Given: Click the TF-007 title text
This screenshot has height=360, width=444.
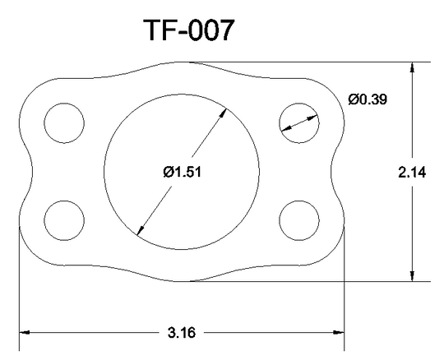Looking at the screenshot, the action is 189,30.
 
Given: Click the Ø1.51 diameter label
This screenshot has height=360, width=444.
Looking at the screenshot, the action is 182,172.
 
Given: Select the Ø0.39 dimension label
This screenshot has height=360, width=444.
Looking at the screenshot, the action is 368,99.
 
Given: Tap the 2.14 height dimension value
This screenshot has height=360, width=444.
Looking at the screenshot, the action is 412,173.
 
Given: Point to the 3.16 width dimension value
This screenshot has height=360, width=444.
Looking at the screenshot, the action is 182,333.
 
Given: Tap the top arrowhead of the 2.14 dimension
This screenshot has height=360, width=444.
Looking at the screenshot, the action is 412,67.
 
